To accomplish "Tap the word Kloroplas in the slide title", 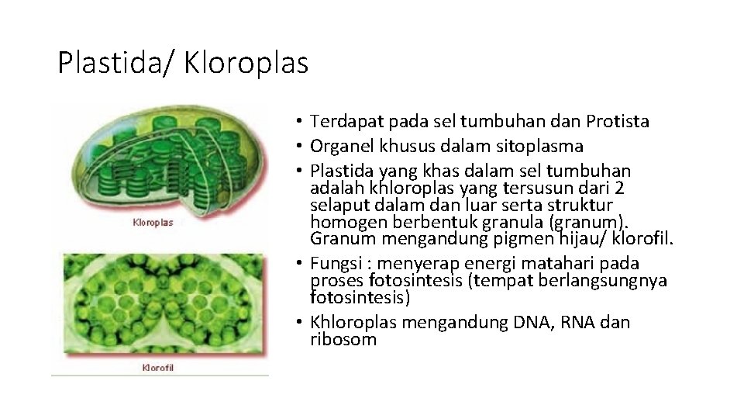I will (246, 63).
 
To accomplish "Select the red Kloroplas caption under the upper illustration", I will (153, 222).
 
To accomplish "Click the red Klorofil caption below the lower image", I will (157, 367).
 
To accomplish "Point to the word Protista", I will (618, 122).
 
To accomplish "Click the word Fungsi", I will (334, 265).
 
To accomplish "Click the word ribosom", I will (343, 340).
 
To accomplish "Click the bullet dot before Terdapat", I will (298, 123).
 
